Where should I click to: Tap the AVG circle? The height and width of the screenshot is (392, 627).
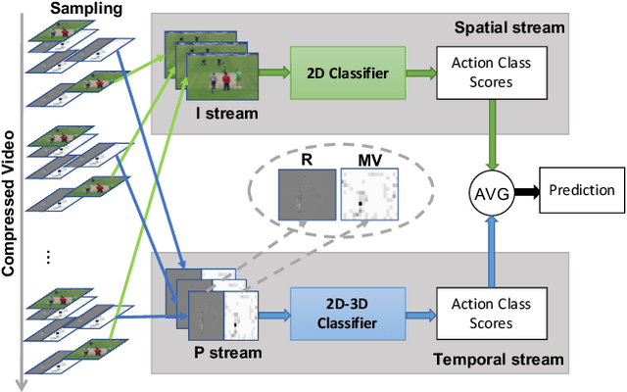[x=492, y=191]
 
